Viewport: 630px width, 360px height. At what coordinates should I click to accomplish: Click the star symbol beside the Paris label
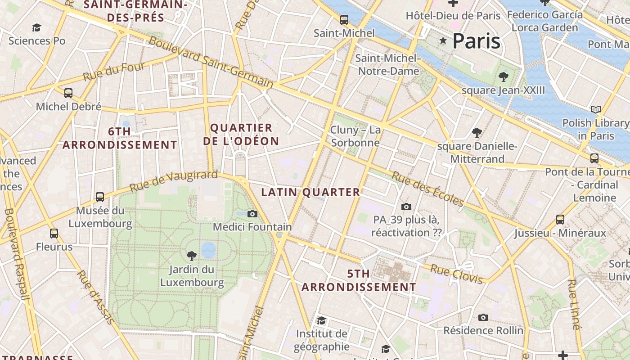443,41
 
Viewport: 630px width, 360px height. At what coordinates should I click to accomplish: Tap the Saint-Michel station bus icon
344,20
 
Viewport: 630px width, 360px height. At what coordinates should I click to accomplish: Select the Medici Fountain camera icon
252,214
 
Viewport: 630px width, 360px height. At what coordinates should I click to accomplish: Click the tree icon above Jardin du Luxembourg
192,256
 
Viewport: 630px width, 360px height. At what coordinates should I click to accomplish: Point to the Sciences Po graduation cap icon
37,28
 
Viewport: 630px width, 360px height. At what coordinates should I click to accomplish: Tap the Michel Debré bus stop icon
68,93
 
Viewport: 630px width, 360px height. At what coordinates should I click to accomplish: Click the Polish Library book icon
595,109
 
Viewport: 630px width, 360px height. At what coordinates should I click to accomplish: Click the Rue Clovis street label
456,274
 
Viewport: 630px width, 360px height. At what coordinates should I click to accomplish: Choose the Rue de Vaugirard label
174,181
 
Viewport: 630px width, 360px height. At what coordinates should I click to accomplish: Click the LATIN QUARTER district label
310,193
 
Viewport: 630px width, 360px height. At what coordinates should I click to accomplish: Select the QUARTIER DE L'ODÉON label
241,135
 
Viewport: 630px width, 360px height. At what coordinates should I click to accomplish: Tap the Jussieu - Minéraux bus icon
560,219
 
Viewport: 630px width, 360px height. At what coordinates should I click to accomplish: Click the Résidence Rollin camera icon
483,317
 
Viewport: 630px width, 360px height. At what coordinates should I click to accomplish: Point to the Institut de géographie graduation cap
321,320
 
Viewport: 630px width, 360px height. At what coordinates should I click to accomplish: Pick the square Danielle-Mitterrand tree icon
477,133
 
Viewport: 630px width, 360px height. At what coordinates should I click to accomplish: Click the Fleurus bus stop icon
54,234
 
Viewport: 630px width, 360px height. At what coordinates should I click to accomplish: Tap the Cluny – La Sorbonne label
355,136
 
